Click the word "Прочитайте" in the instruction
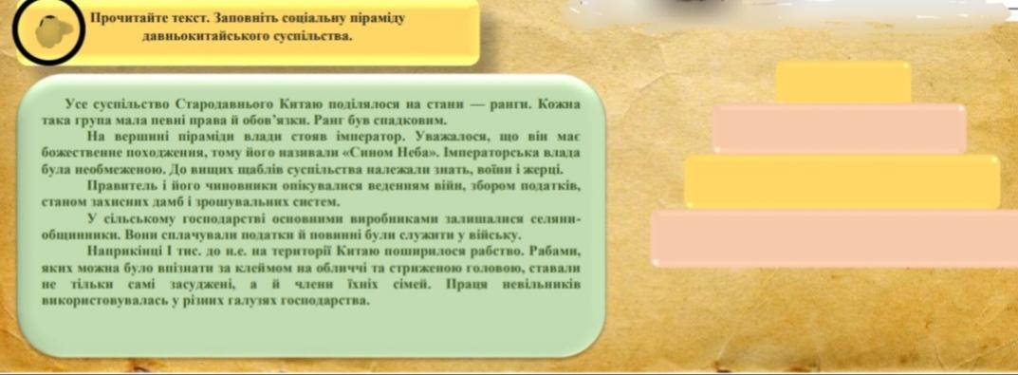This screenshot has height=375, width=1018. tap(119, 18)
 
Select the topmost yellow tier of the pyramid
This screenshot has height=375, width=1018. tap(843, 83)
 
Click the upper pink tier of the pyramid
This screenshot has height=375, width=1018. tap(840, 129)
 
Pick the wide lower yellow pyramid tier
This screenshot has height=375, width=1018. tap(842, 182)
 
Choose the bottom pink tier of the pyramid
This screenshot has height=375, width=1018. tap(834, 238)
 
